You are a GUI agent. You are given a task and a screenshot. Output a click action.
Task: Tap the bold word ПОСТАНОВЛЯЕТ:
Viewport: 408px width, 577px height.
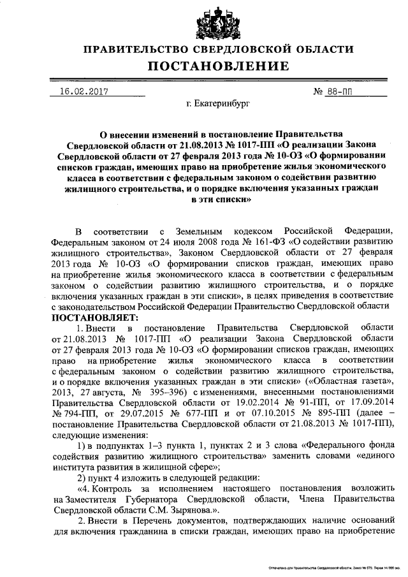tap(95, 317)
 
